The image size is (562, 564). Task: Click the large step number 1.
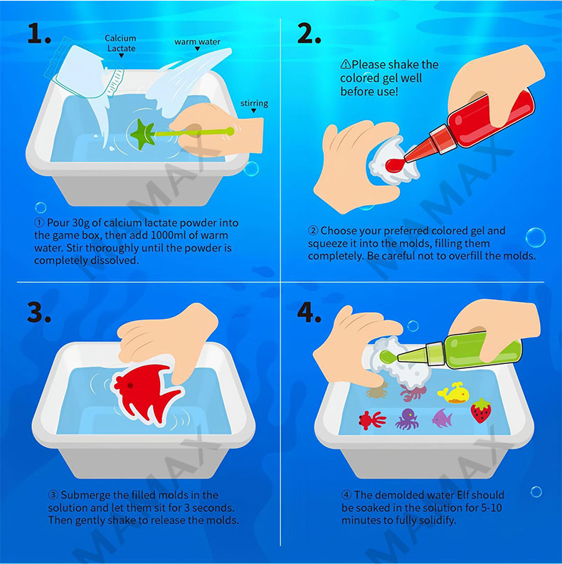tap(39, 33)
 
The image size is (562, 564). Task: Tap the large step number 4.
tap(309, 312)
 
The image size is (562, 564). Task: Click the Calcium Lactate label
tap(120, 43)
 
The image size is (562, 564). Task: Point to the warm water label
tap(197, 42)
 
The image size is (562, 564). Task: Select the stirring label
tap(254, 103)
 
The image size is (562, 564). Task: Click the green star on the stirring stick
tap(143, 135)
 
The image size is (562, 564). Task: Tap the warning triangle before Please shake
tap(345, 64)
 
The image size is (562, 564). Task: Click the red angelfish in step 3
tap(147, 392)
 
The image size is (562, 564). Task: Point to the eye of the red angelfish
tap(129, 385)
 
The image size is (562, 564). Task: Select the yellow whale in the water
tap(453, 392)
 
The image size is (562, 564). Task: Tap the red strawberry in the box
tap(481, 410)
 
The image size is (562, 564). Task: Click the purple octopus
tap(407, 418)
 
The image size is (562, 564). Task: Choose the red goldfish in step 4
tap(372, 420)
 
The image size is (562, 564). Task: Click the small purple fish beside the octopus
tap(442, 418)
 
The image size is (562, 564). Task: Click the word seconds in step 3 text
tap(213, 508)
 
